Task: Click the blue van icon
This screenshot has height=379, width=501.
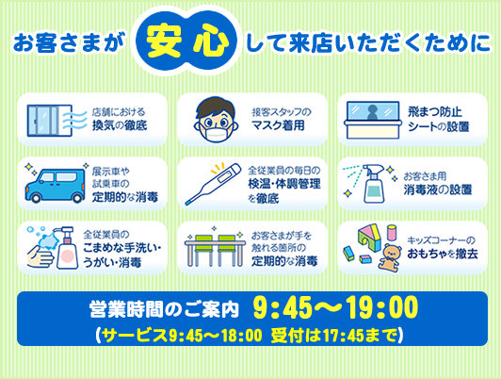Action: click(x=56, y=186)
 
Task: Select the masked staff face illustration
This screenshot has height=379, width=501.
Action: click(x=216, y=120)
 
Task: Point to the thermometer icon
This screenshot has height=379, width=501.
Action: click(x=213, y=184)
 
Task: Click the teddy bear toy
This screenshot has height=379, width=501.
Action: click(x=390, y=258)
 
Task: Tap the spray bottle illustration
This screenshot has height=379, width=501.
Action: click(x=374, y=184)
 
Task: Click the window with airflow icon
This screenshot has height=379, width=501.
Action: click(x=57, y=121)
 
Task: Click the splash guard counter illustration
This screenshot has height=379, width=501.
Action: click(x=373, y=120)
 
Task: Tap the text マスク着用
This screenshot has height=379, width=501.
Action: click(x=279, y=125)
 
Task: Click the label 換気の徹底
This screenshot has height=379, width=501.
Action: click(x=120, y=125)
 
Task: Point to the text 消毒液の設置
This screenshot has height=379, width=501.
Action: click(x=438, y=190)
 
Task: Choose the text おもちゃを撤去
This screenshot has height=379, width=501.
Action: click(x=443, y=254)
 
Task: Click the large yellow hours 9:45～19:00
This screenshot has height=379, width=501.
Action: click(x=335, y=307)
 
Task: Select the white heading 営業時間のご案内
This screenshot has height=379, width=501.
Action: click(x=164, y=309)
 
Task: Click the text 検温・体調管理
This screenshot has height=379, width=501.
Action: click(x=284, y=184)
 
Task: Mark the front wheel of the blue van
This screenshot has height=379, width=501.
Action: click(x=35, y=198)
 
